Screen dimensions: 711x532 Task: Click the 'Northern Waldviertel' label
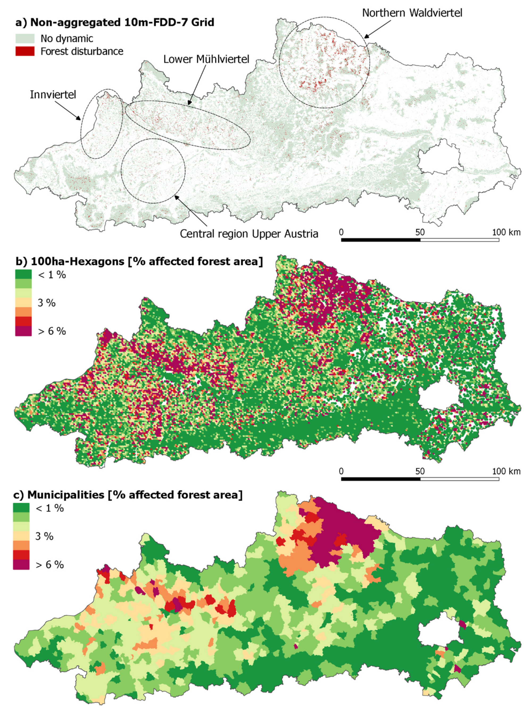click(x=412, y=13)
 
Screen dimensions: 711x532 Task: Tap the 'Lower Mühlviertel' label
click(x=206, y=60)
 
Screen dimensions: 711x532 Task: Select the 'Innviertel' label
click(x=53, y=95)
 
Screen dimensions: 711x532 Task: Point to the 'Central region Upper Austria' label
click(x=249, y=234)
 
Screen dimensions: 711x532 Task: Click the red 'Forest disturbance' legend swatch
click(x=25, y=51)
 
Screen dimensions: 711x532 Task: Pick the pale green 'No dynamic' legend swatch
click(x=25, y=39)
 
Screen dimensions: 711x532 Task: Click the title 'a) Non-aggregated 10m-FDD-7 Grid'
click(x=115, y=23)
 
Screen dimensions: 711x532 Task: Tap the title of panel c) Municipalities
click(x=128, y=495)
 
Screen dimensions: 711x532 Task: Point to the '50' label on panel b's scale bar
click(x=420, y=471)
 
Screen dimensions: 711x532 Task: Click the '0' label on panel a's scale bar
click(x=341, y=232)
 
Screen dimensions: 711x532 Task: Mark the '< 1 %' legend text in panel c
click(x=49, y=508)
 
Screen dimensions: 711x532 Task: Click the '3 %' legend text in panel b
click(x=47, y=303)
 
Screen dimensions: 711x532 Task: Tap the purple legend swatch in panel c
click(x=21, y=565)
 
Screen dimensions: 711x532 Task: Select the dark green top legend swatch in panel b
click(x=23, y=274)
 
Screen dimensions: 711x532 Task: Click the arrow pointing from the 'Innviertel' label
click(x=68, y=110)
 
